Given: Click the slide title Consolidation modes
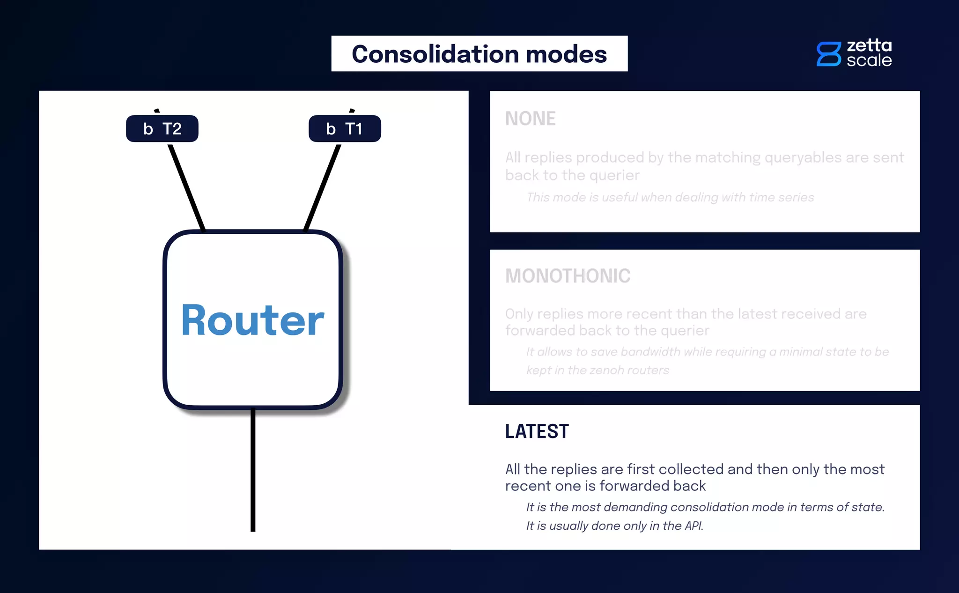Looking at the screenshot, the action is (479, 54).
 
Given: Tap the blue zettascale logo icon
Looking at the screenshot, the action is (828, 54).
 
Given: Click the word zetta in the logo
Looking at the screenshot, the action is (869, 45).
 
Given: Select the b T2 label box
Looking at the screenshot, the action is (162, 128).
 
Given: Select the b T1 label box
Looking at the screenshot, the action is (345, 128).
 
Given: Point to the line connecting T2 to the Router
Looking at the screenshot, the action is (186, 187).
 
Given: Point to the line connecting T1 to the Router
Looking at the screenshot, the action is (322, 187).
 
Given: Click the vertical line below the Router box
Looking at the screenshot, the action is (253, 468).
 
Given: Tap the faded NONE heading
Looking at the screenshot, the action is (530, 119).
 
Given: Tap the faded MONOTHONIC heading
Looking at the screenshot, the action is (568, 276).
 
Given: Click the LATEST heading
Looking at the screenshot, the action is (537, 431).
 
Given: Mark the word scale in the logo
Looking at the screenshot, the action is (869, 60).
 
